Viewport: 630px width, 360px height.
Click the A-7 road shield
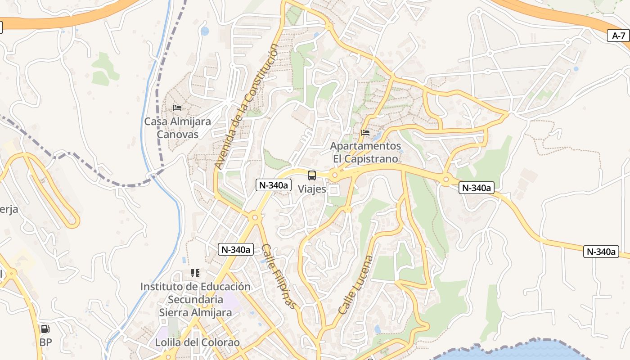pos(619,36)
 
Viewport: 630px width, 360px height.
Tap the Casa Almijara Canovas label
pos(177,128)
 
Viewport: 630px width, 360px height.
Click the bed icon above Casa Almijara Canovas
pos(177,108)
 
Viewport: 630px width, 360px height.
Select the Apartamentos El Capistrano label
pos(365,153)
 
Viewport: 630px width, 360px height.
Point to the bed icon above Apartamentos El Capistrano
pos(365,133)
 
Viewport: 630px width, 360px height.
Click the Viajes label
pos(312,189)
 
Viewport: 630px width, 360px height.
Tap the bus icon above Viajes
pos(312,175)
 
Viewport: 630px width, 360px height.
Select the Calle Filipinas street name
pos(279,276)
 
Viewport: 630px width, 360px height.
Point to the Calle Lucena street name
pos(355,285)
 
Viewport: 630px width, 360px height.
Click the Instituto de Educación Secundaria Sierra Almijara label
pos(195,299)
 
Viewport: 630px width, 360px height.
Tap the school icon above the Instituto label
pos(195,273)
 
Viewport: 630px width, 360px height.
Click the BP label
pos(45,342)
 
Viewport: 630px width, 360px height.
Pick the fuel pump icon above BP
pos(45,329)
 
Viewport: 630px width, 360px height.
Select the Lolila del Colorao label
pos(197,342)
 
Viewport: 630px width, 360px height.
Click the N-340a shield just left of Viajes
pos(274,184)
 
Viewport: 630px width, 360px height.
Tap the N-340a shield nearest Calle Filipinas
pos(236,249)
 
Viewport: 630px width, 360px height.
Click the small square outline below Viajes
pos(333,190)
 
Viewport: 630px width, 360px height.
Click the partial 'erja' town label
pos(9,209)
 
